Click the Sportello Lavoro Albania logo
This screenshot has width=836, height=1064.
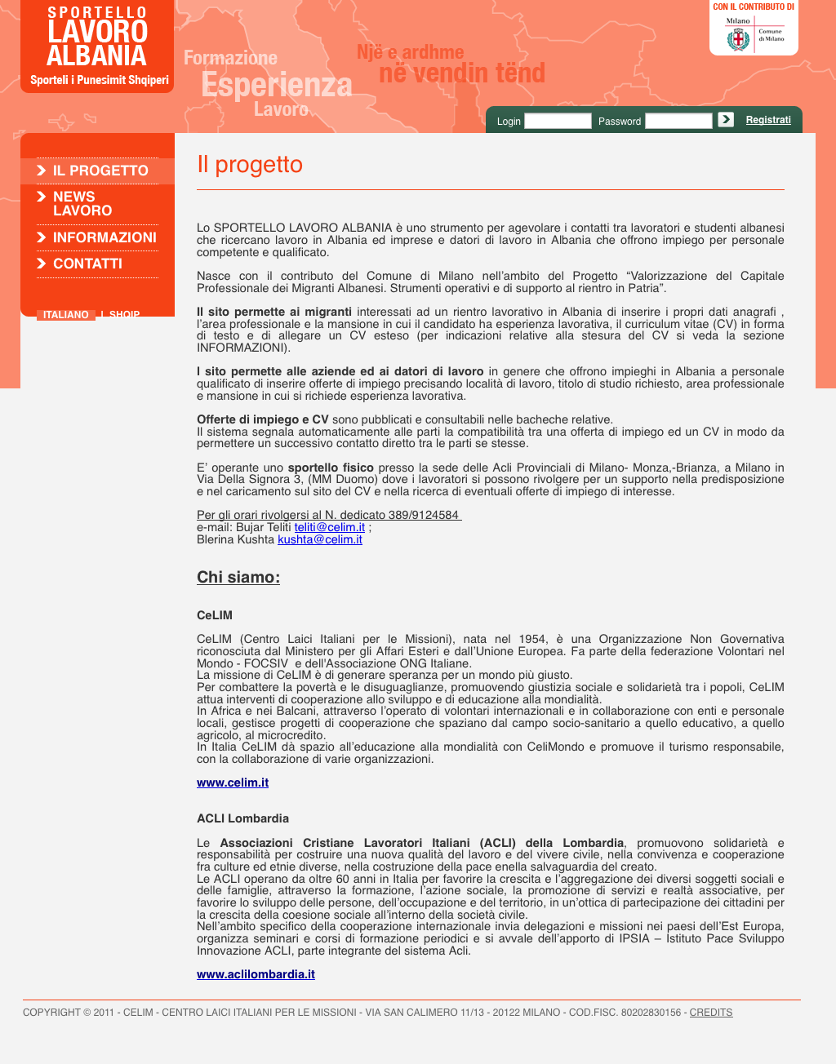97,47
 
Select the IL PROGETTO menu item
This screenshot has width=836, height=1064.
100,171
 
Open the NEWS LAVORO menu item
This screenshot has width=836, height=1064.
82,203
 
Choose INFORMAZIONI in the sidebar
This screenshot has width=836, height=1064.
104,237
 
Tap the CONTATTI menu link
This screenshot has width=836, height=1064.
87,264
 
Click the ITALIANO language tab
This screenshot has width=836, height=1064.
65,314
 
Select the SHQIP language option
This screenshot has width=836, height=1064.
124,314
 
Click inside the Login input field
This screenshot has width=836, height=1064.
557,121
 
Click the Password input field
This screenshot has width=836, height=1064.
678,121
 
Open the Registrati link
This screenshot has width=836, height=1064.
768,120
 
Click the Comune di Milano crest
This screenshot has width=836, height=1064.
738,38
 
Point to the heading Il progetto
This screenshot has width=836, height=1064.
250,165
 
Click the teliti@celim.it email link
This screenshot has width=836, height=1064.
330,527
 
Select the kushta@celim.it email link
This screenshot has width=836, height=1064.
320,539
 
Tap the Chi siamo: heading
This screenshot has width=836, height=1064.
238,578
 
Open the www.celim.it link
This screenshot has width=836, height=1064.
233,782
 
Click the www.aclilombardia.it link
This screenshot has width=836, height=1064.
256,974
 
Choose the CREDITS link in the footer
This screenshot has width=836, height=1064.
710,1013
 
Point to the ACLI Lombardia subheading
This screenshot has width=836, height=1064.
242,818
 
